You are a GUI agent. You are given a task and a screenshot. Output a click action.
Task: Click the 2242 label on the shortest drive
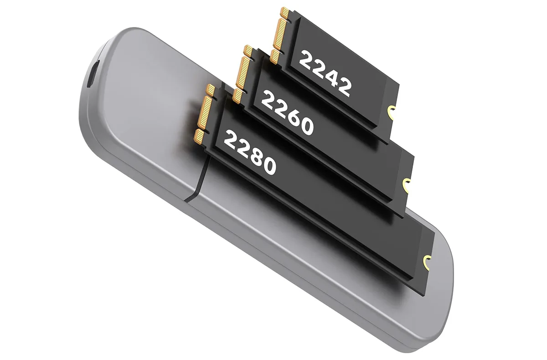tap(325, 73)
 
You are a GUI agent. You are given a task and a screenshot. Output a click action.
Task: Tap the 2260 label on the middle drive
tap(287, 112)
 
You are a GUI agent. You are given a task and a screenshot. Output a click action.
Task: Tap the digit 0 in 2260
tap(306, 127)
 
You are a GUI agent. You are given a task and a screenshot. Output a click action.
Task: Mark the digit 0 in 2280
tap(268, 166)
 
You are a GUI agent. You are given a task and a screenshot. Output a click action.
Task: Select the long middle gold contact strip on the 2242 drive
tap(280, 32)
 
